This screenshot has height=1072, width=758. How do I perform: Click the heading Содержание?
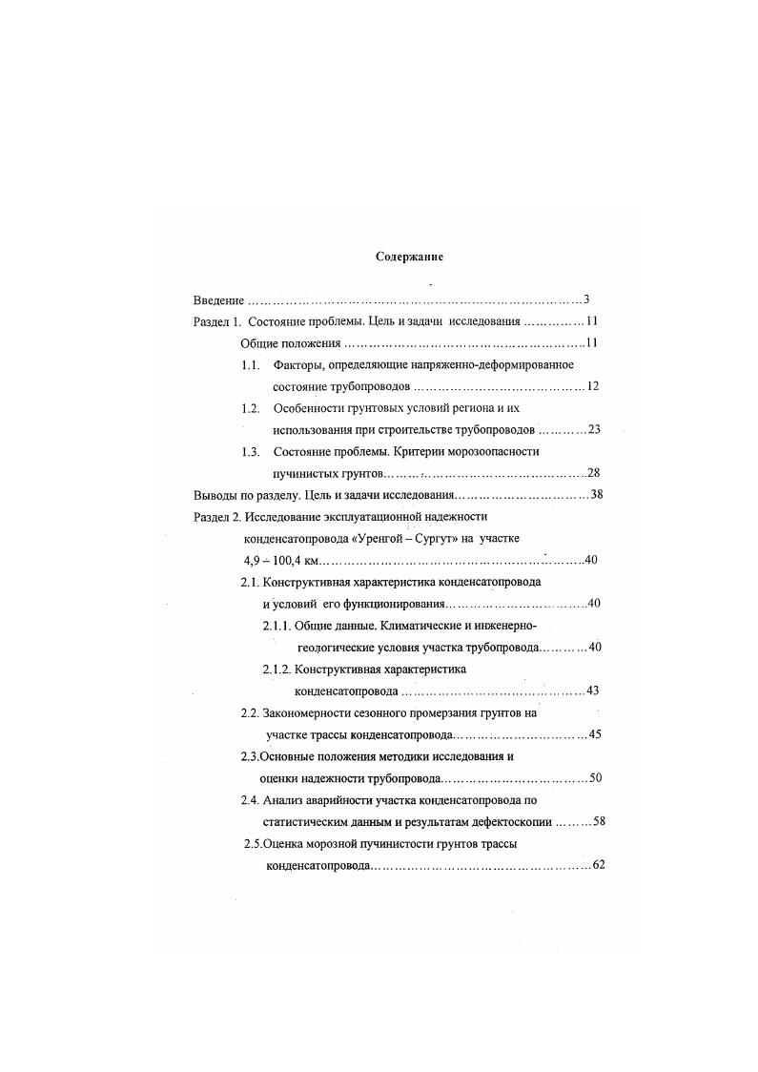click(409, 257)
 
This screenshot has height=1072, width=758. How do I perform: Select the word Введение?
click(218, 299)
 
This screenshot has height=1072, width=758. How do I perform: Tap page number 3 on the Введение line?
click(587, 299)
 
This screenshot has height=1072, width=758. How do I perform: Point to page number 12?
click(592, 386)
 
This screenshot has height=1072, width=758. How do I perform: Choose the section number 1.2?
click(251, 408)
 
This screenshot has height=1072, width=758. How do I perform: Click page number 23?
click(593, 429)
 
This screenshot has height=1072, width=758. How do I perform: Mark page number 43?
click(592, 691)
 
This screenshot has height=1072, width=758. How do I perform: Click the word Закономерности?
click(314, 712)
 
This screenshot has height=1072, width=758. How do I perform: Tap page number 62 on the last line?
click(599, 865)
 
